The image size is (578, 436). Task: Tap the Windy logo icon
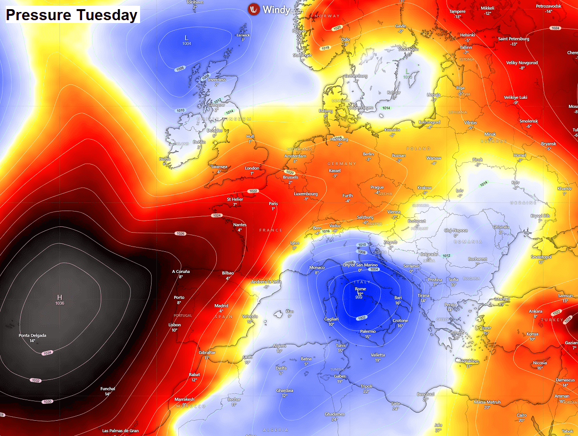[x=254, y=9]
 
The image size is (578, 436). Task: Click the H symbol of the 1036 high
[x=59, y=297]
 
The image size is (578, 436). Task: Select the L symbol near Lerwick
[x=187, y=38]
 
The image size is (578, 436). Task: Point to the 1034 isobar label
[x=47, y=353]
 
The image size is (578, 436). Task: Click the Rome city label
[x=360, y=289]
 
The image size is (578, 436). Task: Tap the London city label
[x=252, y=168]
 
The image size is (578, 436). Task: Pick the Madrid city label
[x=221, y=306]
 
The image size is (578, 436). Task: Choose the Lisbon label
[x=175, y=325]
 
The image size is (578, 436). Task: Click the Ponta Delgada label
[x=33, y=335]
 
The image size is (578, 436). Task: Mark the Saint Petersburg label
[x=513, y=39]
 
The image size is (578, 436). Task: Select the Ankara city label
[x=535, y=311]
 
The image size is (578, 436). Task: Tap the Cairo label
[x=521, y=415]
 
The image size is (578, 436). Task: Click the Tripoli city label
[x=366, y=386]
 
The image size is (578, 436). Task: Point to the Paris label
[x=273, y=203]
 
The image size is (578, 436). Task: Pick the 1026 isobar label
[x=180, y=234]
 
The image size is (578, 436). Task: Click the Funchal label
[x=107, y=389]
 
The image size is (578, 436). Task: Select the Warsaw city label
[x=434, y=158]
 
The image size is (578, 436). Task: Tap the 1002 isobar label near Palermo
[x=362, y=318]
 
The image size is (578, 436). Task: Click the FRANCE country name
[x=271, y=230]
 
